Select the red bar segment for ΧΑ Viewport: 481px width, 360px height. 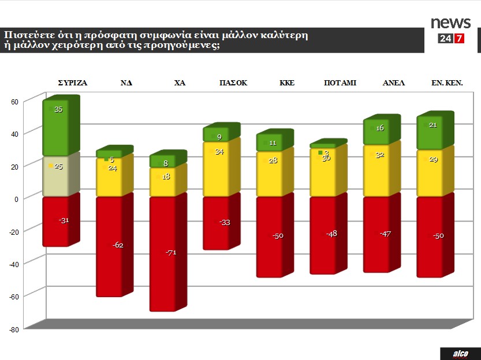pos(163,254)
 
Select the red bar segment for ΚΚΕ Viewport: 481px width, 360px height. pos(270,237)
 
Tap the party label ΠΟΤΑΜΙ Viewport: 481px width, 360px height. pos(340,83)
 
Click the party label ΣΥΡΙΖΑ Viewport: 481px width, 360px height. pos(73,83)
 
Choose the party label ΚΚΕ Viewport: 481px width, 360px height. pos(287,83)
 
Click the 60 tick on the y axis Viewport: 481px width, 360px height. pos(15,102)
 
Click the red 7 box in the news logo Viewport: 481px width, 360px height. pos(460,39)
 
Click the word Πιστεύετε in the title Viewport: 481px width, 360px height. pos(26,35)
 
